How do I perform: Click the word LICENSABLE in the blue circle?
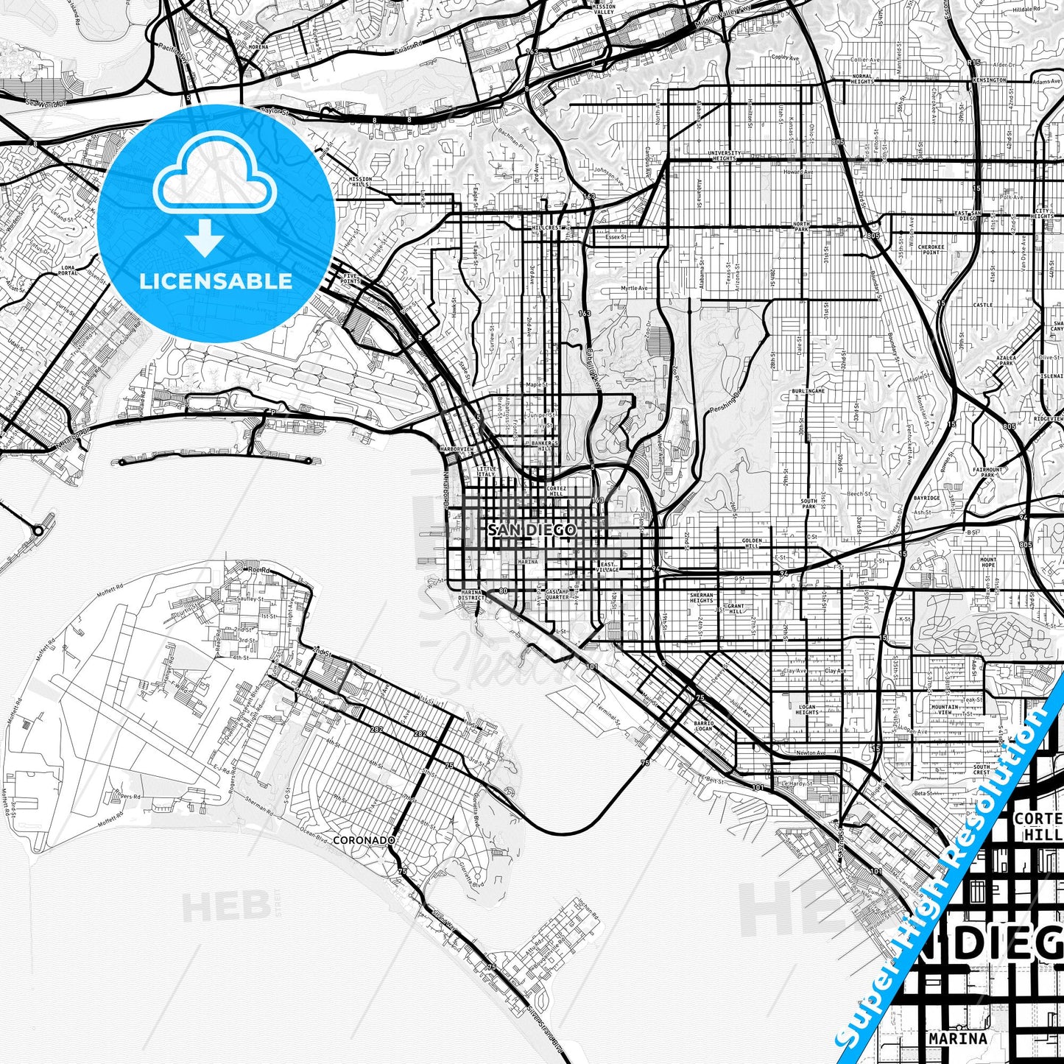pyautogui.click(x=216, y=281)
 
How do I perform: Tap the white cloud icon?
pyautogui.click(x=215, y=181)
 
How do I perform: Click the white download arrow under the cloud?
pyautogui.click(x=205, y=238)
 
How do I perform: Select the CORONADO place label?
pyautogui.click(x=364, y=840)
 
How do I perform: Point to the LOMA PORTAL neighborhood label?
pyautogui.click(x=68, y=270)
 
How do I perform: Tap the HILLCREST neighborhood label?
pyautogui.click(x=547, y=228)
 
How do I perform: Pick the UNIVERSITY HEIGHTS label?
pyautogui.click(x=725, y=156)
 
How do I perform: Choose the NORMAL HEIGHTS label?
pyautogui.click(x=862, y=78)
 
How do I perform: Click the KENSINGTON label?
pyautogui.click(x=989, y=80)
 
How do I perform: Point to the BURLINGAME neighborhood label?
pyautogui.click(x=808, y=391)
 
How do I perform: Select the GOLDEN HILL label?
pyautogui.click(x=753, y=543)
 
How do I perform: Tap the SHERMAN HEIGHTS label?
pyautogui.click(x=702, y=597)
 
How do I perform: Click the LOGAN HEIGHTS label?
pyautogui.click(x=807, y=709)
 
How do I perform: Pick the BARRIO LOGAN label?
pyautogui.click(x=703, y=726)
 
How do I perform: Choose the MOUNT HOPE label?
pyautogui.click(x=988, y=562)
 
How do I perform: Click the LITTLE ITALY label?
pyautogui.click(x=487, y=471)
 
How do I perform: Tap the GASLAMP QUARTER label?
pyautogui.click(x=558, y=594)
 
